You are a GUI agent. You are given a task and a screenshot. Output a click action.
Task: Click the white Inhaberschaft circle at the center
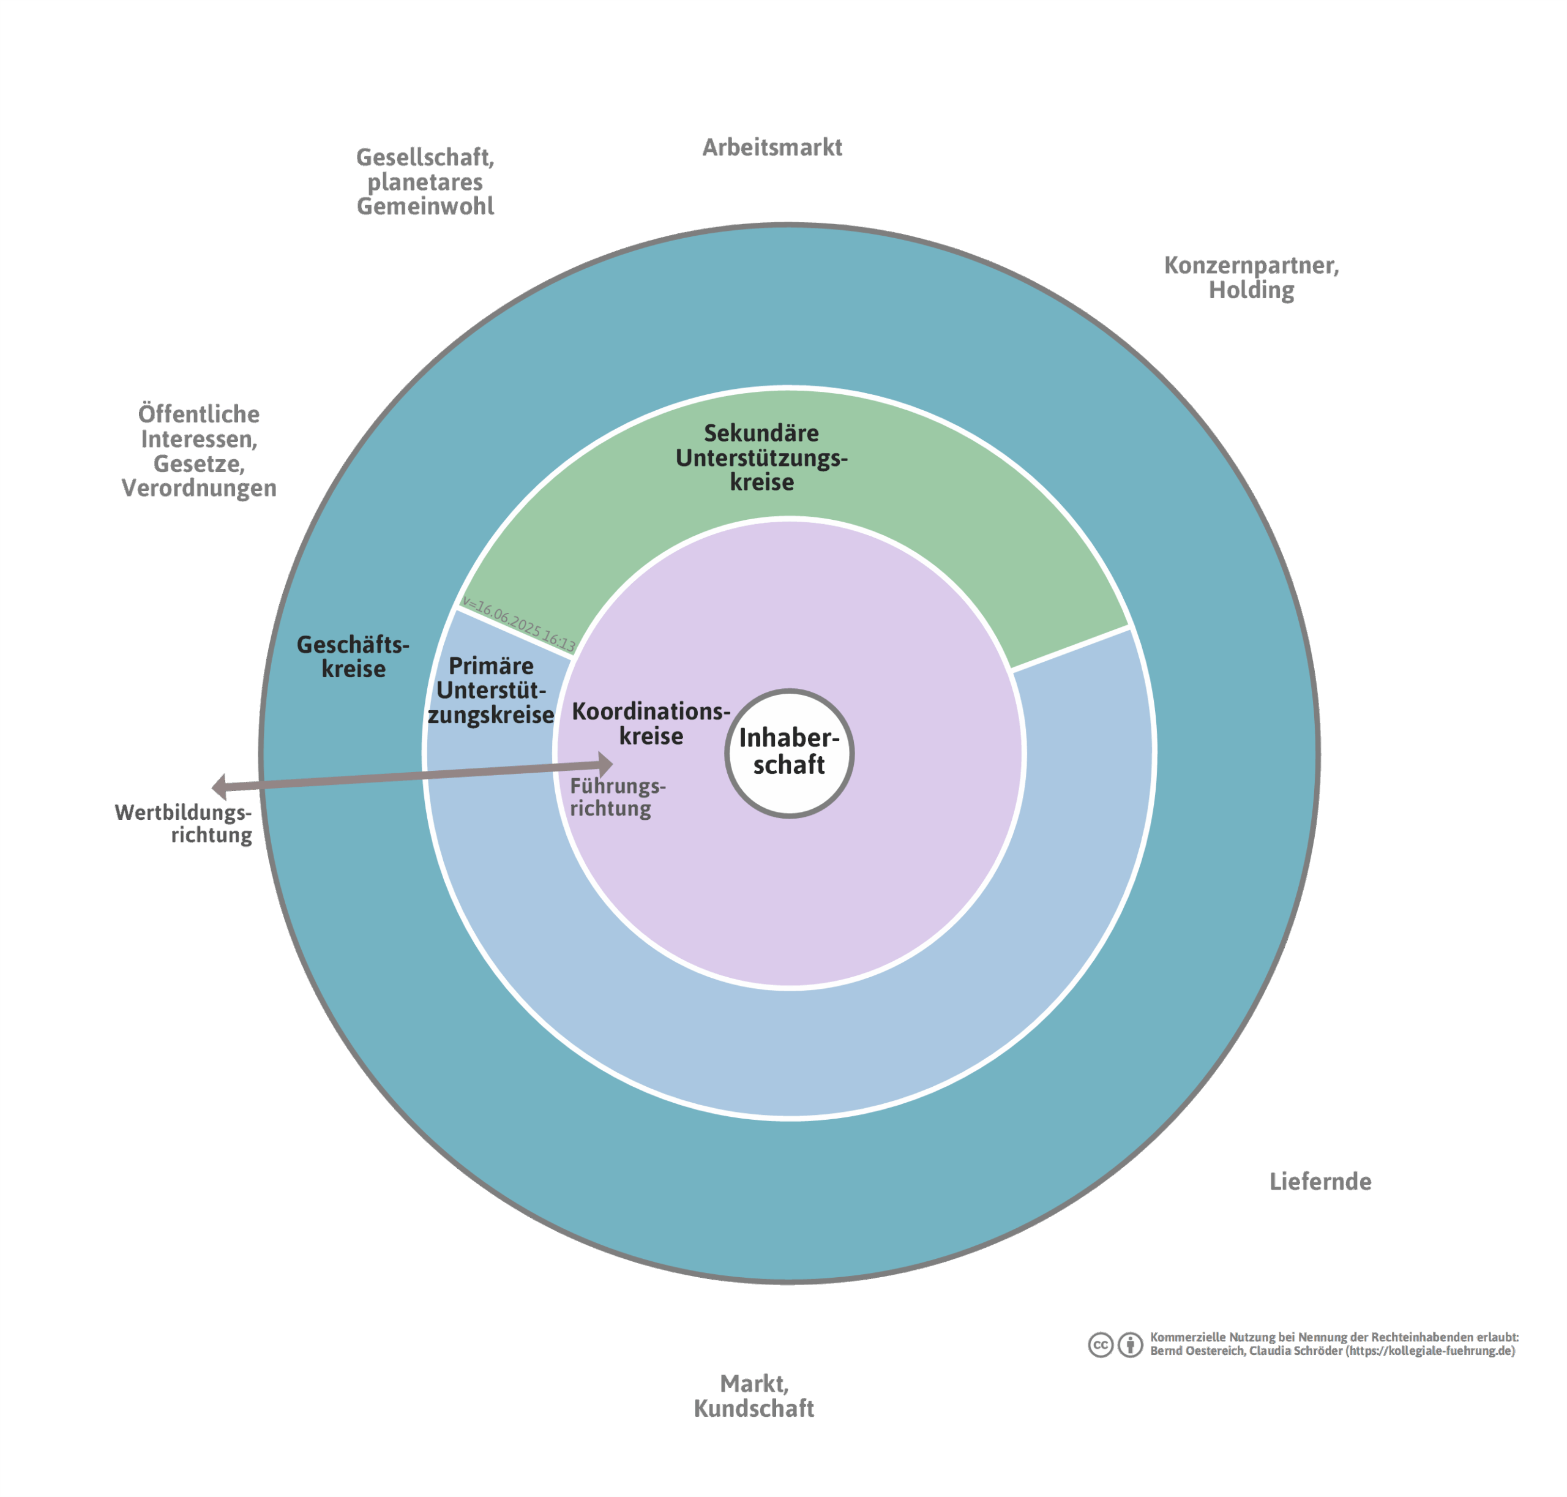click(x=788, y=752)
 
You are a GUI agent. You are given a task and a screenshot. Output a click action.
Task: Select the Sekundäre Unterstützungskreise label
click(x=761, y=457)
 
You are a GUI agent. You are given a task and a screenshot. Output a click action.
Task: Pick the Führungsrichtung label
click(x=617, y=797)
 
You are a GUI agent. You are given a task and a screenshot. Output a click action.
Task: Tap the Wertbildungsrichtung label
click(x=184, y=823)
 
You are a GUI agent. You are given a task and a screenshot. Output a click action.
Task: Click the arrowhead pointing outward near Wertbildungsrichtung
click(x=219, y=786)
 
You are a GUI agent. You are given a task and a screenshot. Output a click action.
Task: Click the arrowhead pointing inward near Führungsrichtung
click(x=607, y=765)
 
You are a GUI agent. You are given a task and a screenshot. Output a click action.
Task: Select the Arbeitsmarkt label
click(x=771, y=148)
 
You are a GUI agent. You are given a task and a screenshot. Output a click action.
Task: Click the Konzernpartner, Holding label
click(x=1251, y=277)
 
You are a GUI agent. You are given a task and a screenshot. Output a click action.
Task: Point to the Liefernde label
click(x=1320, y=1181)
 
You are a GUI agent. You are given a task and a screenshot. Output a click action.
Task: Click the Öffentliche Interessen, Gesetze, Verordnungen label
click(x=199, y=450)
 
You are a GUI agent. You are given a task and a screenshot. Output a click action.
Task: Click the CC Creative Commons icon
click(x=1100, y=1345)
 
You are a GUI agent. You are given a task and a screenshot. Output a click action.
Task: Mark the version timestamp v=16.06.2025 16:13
click(x=518, y=623)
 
